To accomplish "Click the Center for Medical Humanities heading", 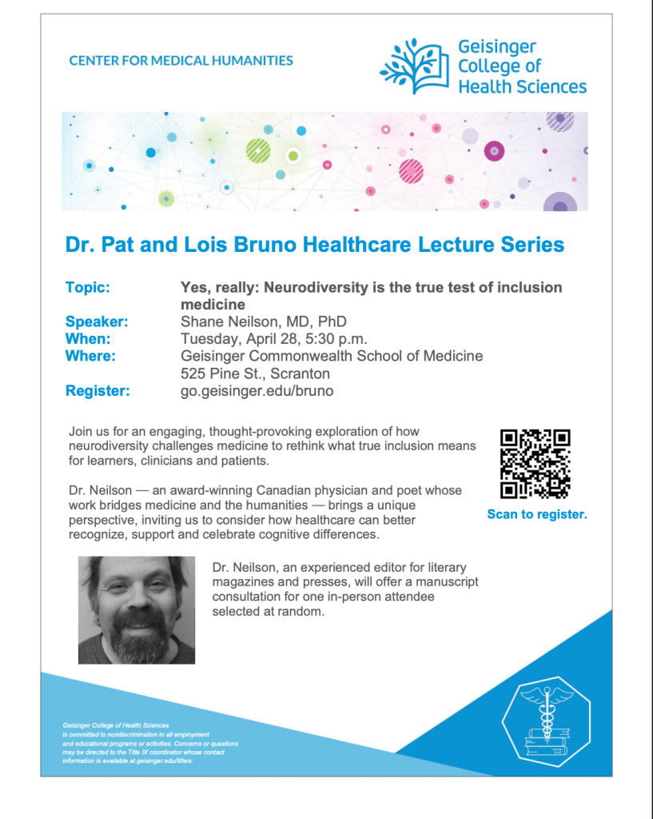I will point(181,60).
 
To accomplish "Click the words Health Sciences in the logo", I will point(522,86).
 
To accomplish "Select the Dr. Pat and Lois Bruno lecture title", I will point(315,244).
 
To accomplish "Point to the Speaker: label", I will point(97,322).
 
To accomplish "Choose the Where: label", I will point(90,356).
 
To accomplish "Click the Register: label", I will point(98,391).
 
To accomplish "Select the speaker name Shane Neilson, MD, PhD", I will point(264,322).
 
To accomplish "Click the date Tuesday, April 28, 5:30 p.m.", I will point(274,338).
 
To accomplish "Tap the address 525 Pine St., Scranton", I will point(255,374).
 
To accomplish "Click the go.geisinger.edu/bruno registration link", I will point(257,391).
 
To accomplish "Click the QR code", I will point(536,464).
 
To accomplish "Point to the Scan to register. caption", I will point(537,514).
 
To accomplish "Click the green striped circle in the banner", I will point(258,150).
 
